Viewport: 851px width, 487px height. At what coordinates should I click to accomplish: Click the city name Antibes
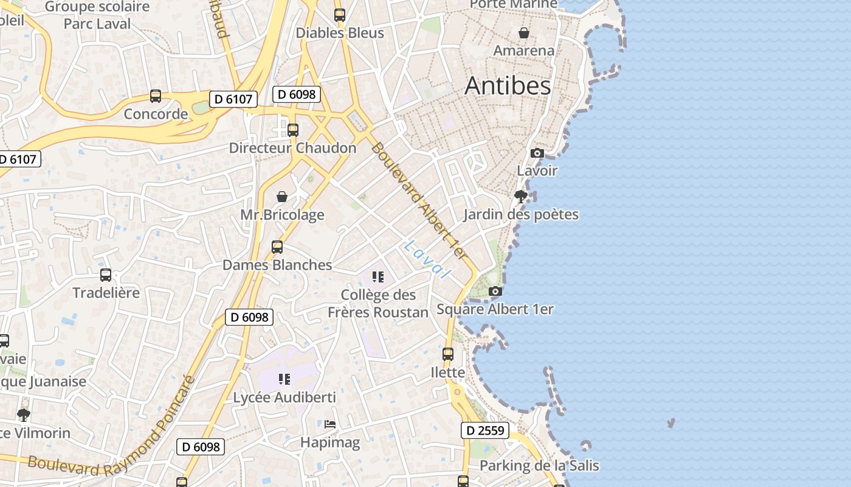(x=508, y=86)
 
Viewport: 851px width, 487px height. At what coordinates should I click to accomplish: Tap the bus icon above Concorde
(x=156, y=96)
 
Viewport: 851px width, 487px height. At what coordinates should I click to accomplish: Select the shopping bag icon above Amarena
(x=523, y=33)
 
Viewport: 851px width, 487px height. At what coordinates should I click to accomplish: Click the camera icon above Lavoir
(x=537, y=153)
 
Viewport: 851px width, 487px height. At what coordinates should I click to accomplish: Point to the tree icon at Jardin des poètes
(x=520, y=197)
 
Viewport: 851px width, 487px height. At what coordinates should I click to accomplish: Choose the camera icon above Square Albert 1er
(x=495, y=292)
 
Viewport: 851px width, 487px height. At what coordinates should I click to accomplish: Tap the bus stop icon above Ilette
(x=448, y=354)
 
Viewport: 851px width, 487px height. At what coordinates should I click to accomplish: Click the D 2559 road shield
(x=484, y=430)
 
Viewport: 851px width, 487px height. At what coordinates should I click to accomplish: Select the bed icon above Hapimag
(x=330, y=424)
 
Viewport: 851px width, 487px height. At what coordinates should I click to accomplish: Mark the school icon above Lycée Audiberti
(x=284, y=380)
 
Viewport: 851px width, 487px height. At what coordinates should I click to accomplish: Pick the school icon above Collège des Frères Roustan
(x=378, y=278)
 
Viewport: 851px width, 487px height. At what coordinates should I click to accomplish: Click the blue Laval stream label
(x=428, y=259)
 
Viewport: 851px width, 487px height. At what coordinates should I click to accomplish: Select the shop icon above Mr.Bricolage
(x=282, y=197)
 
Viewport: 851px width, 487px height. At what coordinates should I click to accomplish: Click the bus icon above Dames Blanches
(x=277, y=247)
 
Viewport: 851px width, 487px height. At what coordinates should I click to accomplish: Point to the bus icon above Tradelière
(x=106, y=275)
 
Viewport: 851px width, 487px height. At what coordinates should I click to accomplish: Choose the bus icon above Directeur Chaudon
(x=293, y=130)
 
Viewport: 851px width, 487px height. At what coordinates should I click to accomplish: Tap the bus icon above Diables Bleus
(x=340, y=15)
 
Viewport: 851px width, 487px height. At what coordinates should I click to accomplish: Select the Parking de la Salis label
(x=539, y=466)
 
